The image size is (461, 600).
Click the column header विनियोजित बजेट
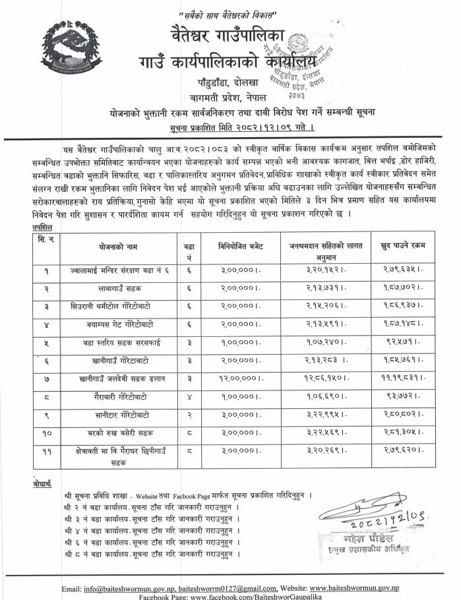(x=241, y=245)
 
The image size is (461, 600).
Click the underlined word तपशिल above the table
(x=43, y=225)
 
